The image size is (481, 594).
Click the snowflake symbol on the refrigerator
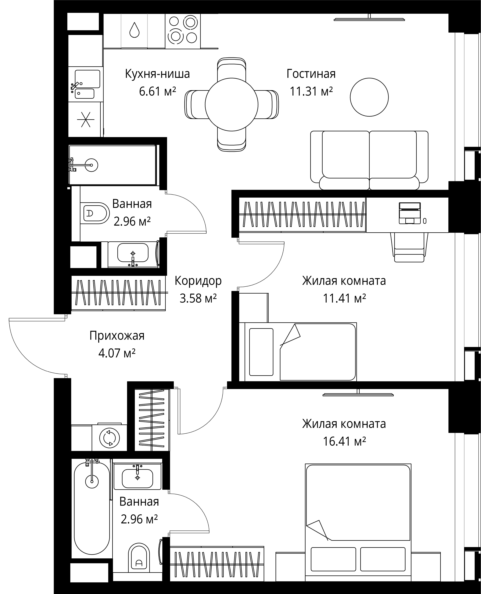(x=85, y=120)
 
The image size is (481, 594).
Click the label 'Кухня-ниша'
(x=157, y=74)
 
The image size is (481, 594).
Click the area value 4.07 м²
(x=117, y=353)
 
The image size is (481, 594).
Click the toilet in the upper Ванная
(x=95, y=213)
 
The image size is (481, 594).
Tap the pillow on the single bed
(x=261, y=352)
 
